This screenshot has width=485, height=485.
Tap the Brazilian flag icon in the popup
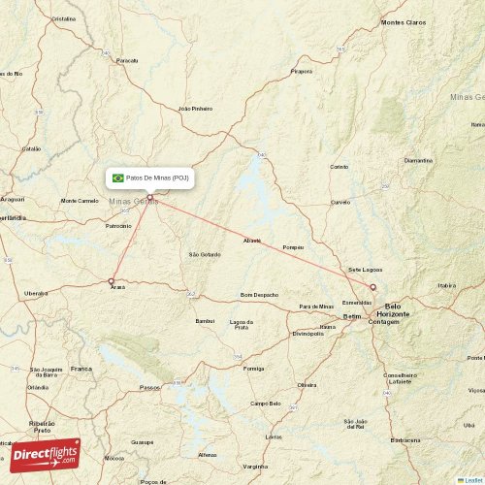118,178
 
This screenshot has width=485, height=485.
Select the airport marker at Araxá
112,281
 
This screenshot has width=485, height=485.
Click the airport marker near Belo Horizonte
372,286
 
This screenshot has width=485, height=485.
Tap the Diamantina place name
418,160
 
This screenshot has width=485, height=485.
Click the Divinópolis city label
307,333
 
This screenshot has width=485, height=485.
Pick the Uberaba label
36,292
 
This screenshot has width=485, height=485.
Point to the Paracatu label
127,60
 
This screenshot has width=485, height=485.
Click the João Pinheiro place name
195,109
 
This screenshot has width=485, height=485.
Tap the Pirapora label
302,71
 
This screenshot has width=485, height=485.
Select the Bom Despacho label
259,294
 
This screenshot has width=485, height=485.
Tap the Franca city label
81,369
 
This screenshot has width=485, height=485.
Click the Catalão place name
32,148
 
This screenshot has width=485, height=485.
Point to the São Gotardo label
204,254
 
